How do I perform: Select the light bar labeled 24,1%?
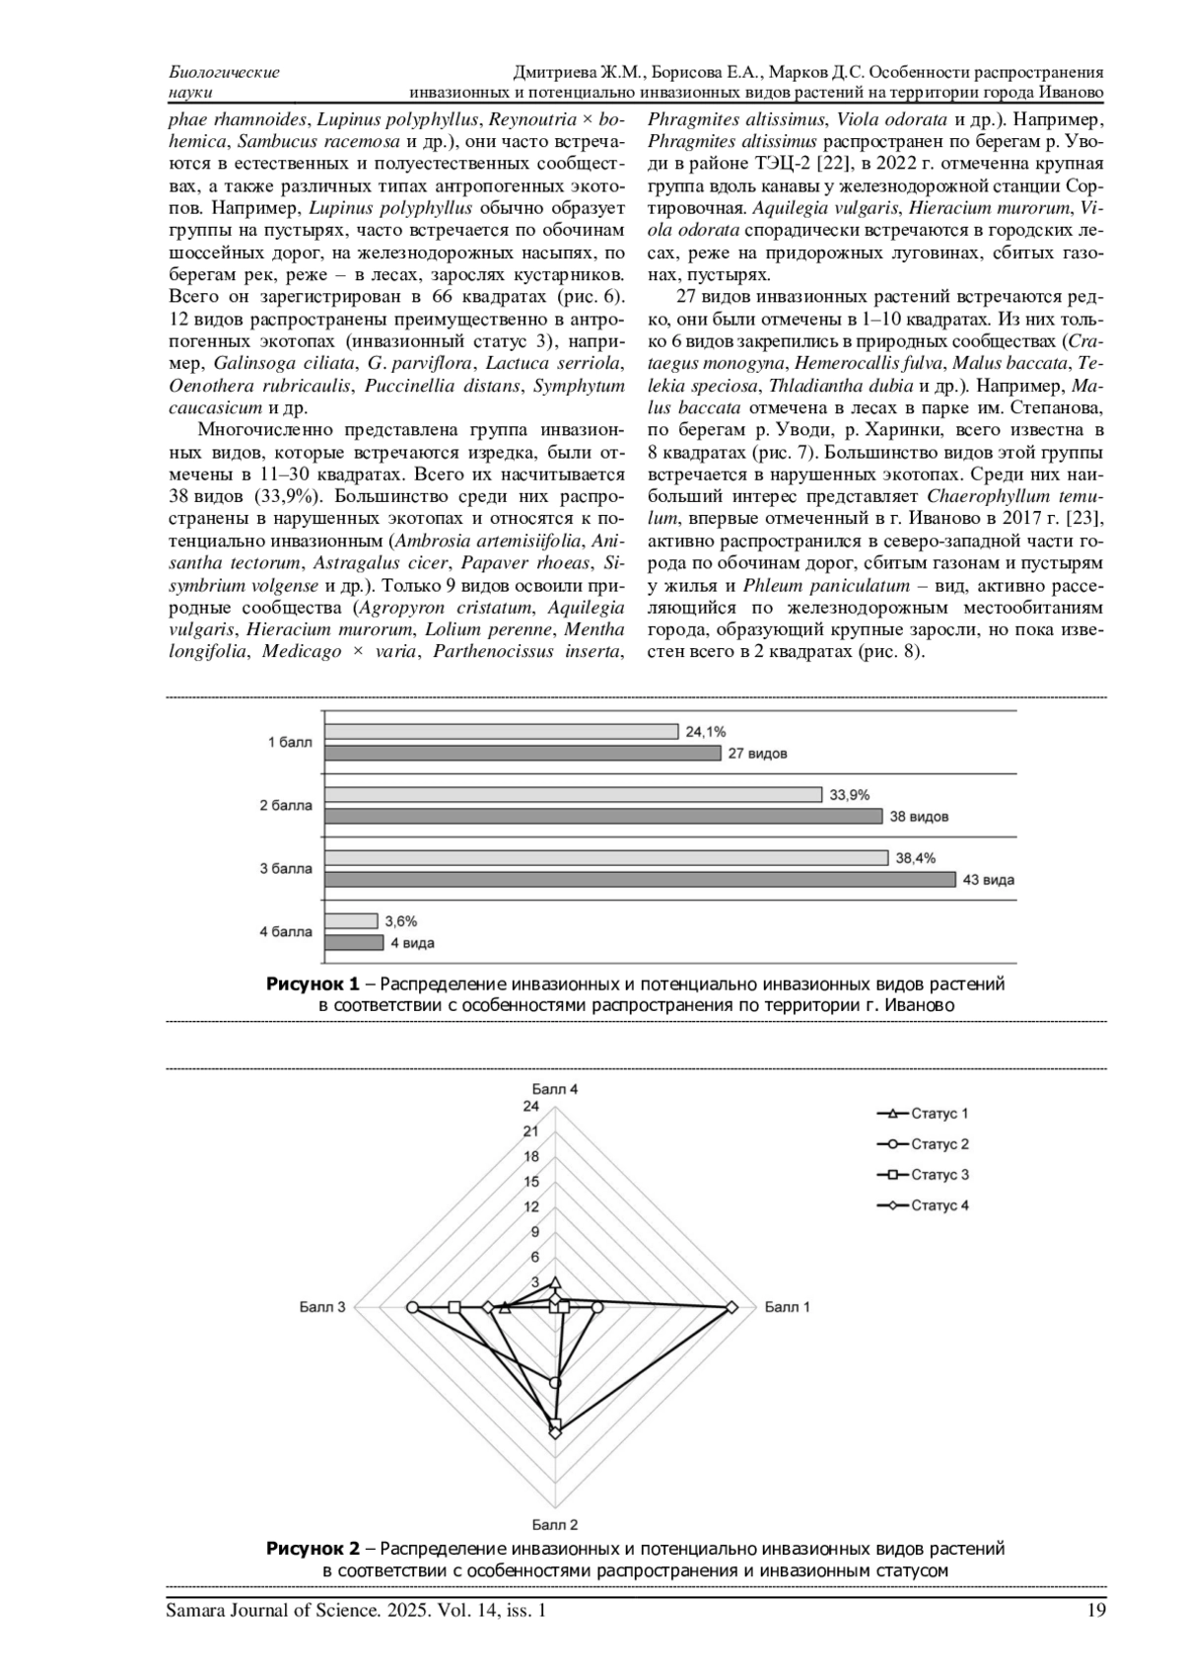501,732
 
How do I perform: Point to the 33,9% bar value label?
850,795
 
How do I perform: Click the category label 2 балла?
286,806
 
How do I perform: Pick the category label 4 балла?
286,931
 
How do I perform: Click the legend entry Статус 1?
923,1114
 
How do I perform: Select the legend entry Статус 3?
923,1175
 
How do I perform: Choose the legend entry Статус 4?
923,1205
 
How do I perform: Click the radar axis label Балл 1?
787,1308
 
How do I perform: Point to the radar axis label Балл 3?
322,1308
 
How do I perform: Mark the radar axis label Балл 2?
555,1525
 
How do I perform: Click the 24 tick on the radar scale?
531,1107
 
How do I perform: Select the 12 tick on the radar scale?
531,1207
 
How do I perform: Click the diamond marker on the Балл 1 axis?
731,1307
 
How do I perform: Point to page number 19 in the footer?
1095,1612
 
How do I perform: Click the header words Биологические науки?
225,82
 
